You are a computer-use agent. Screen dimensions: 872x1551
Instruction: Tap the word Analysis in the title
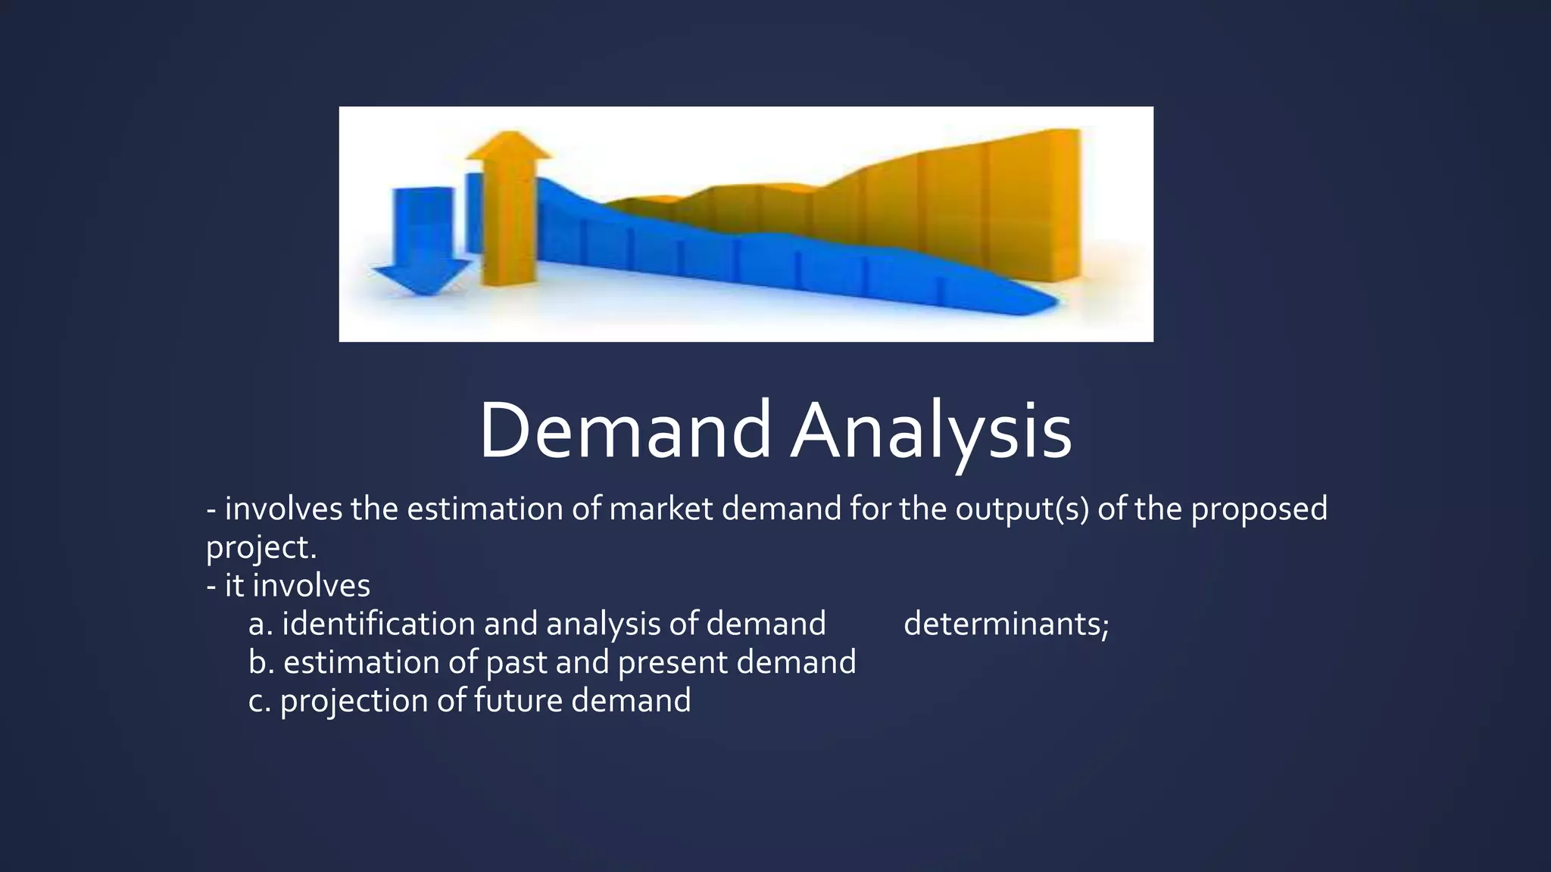[x=931, y=431]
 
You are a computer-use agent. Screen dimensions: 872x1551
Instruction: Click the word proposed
[x=1259, y=509]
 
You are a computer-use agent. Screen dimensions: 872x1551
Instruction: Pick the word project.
[x=261, y=547]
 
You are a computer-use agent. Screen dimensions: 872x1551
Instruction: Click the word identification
[x=378, y=624]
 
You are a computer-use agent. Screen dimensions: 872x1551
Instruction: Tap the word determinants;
[x=1006, y=624]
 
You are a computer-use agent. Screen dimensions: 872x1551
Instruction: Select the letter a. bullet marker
[x=260, y=624]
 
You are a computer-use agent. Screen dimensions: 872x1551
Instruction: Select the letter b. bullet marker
[x=261, y=662]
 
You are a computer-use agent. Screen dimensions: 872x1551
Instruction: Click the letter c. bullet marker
[x=259, y=701]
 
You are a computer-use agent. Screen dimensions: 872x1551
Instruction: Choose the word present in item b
[x=673, y=662]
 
